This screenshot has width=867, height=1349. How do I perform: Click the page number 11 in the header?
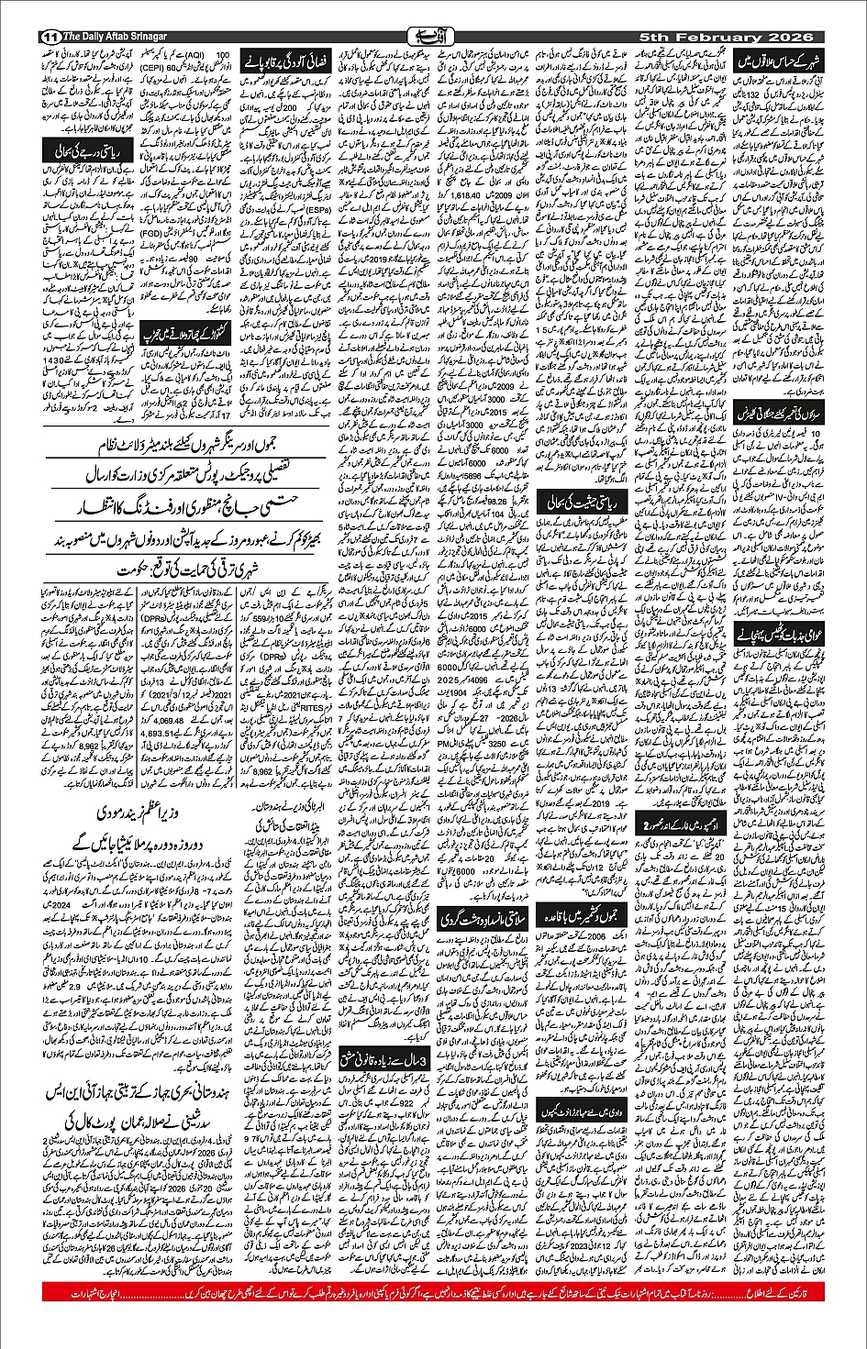pyautogui.click(x=51, y=37)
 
